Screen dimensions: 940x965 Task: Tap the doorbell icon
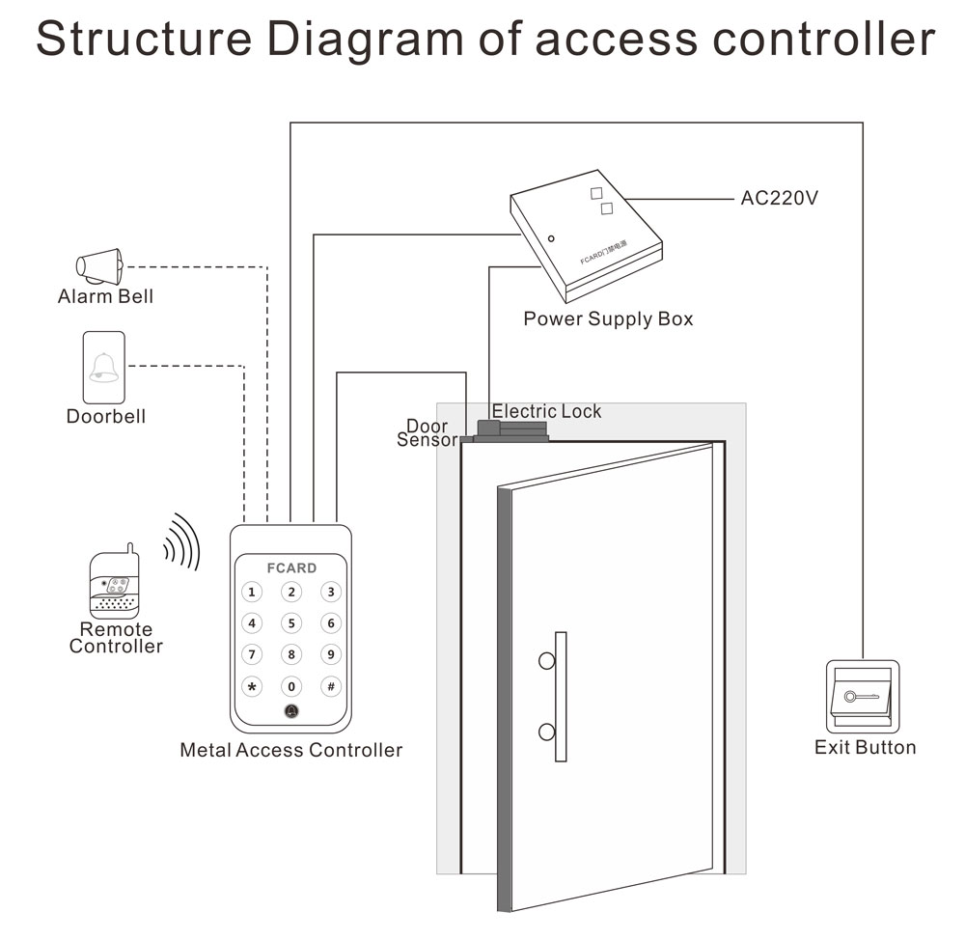[x=104, y=369]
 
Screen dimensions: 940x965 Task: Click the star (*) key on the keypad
[x=252, y=687]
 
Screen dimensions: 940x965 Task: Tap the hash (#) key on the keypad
[x=331, y=687]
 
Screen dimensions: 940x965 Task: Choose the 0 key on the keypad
[x=291, y=687]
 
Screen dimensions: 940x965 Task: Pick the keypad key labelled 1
[x=252, y=593]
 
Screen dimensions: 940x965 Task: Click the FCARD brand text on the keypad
[x=291, y=567]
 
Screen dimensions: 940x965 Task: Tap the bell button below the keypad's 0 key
[x=291, y=712]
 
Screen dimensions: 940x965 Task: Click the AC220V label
[x=780, y=199]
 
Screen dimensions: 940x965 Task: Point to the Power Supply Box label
[x=608, y=318]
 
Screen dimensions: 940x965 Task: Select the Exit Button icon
[x=863, y=697]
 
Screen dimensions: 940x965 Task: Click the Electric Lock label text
[x=546, y=411]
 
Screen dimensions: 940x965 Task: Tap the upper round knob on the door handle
[x=546, y=661]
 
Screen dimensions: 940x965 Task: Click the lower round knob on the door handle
[x=546, y=732]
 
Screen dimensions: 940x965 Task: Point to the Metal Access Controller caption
[x=290, y=750]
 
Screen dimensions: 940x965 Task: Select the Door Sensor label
[x=427, y=432]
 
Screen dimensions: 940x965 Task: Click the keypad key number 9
[x=331, y=655]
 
